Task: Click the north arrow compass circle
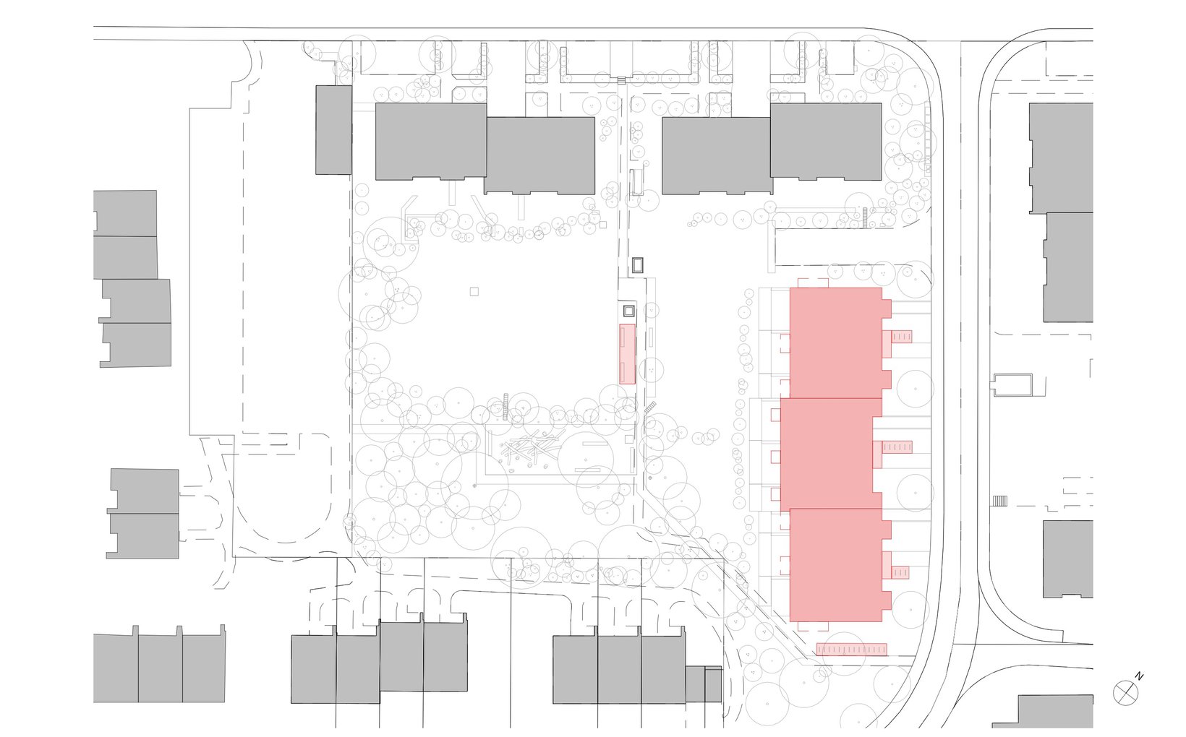coord(1125,694)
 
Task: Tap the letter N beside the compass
coord(1140,676)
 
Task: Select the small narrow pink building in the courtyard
coord(628,354)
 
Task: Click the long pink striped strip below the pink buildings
coord(851,649)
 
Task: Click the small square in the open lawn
coord(474,291)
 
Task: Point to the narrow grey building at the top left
coord(333,130)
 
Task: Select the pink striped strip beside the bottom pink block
coord(900,572)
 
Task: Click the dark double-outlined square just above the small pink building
coord(628,311)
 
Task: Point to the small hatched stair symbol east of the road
coord(999,501)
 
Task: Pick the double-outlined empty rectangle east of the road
coord(1013,384)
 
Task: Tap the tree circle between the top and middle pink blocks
coord(914,388)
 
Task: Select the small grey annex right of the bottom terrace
coord(704,684)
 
